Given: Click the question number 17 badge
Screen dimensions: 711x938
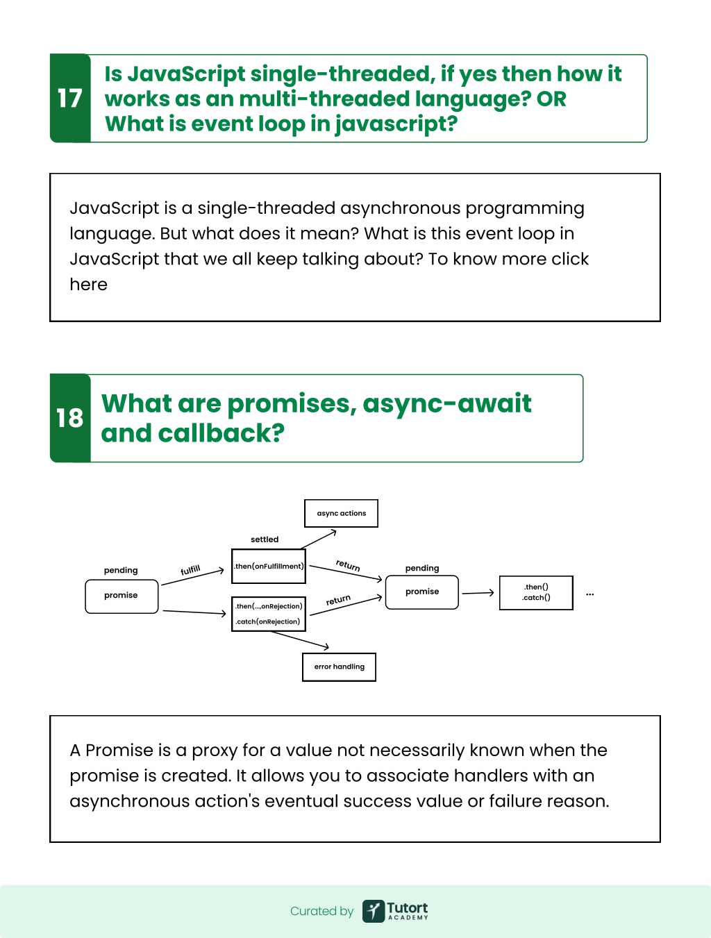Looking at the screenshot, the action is tap(70, 98).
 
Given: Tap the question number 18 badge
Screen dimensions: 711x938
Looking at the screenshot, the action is tap(70, 418).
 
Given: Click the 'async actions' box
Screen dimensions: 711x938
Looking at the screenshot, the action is tap(341, 513).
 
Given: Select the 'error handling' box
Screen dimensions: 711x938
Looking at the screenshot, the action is tap(340, 667).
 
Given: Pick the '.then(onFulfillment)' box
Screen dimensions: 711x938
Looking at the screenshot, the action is tap(268, 567).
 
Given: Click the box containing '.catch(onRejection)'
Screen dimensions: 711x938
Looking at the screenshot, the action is tap(268, 614).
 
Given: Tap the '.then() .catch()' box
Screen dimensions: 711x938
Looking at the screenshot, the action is tap(536, 593).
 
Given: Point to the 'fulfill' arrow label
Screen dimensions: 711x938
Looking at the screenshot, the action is tap(190, 570).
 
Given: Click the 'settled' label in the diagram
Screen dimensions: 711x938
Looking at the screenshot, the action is tap(265, 539).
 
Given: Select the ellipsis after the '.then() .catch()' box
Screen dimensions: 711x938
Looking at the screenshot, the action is tap(590, 594).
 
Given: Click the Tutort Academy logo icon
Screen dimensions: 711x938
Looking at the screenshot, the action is tap(374, 911).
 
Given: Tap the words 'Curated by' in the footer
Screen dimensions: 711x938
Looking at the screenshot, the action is tap(321, 911).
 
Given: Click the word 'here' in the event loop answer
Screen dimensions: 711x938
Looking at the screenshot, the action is tap(88, 285).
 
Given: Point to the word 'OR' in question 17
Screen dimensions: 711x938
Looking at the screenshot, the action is tap(551, 99).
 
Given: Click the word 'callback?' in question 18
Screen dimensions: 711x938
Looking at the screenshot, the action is tap(221, 433).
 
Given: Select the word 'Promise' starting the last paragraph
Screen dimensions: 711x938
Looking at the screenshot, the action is tap(119, 751).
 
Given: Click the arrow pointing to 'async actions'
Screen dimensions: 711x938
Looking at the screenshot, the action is tap(319, 539).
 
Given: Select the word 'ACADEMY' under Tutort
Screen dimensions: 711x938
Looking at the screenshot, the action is tap(408, 917).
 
